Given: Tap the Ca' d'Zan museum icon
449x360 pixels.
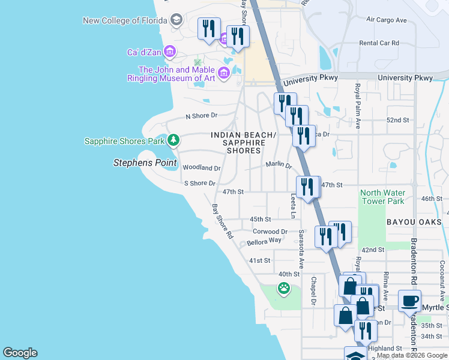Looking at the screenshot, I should (170, 52).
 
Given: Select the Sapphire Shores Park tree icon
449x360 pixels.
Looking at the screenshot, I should (173, 140).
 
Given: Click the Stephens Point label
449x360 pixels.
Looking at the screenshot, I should (146, 163).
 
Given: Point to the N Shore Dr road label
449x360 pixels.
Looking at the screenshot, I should (201, 115).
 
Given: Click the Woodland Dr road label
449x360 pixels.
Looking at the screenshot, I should (202, 168).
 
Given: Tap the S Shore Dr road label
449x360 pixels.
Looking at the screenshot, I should (199, 183).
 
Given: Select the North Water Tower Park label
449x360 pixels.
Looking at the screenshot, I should (383, 197).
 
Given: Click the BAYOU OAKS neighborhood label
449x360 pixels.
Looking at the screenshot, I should (414, 222).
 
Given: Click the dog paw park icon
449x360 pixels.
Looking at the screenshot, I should (283, 289).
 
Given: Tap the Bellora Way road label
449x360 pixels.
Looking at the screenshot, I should (264, 241).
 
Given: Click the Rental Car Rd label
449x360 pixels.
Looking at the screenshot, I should (379, 43).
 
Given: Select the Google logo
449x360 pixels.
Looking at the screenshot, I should (20, 353).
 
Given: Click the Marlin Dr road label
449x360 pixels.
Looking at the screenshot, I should (278, 165).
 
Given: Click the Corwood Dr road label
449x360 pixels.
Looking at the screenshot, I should (270, 231).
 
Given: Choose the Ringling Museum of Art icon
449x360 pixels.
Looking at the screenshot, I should (224, 73).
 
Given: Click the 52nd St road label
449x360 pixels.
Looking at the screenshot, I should (397, 120).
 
